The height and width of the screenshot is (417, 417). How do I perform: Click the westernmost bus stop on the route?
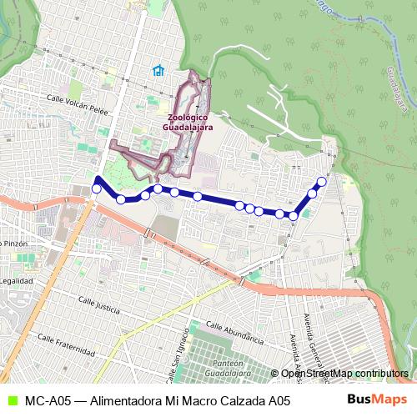[x=96, y=189]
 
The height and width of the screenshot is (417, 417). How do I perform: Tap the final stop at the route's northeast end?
[x=322, y=181]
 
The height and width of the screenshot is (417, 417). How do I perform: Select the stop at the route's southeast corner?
[x=294, y=216]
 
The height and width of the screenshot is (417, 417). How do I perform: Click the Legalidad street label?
[x=16, y=281]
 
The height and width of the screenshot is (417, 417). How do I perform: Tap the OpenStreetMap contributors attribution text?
[x=344, y=374]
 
